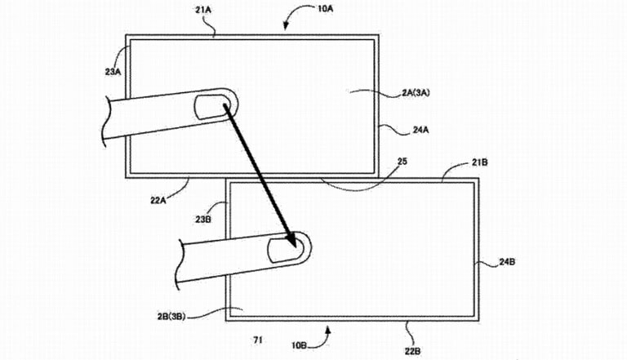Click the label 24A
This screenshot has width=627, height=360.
tap(424, 127)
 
